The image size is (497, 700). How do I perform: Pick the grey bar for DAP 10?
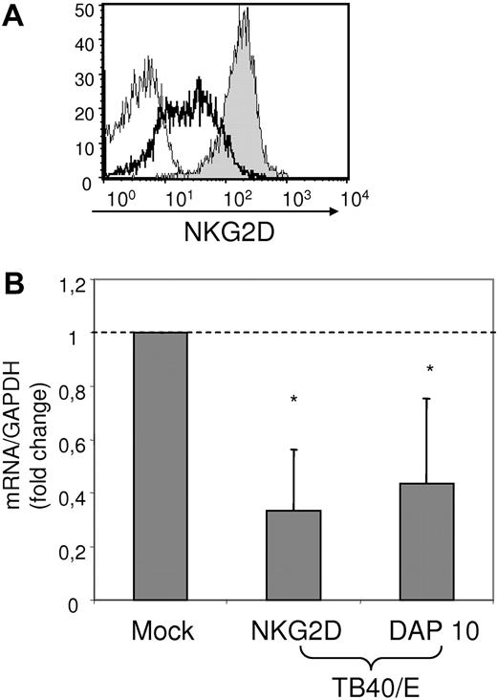coord(425,541)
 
